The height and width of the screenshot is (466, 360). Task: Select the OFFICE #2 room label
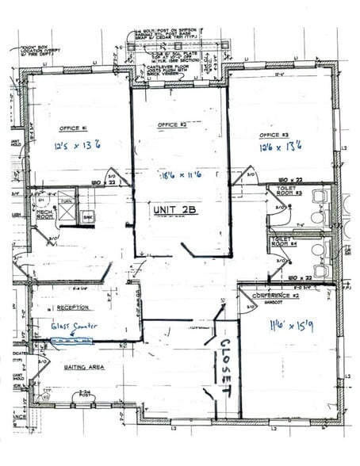[172, 125]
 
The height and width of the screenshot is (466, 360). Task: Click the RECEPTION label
[72, 307]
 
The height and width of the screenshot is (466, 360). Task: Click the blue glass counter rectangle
[71, 342]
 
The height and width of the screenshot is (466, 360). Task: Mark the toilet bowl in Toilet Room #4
[317, 250]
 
